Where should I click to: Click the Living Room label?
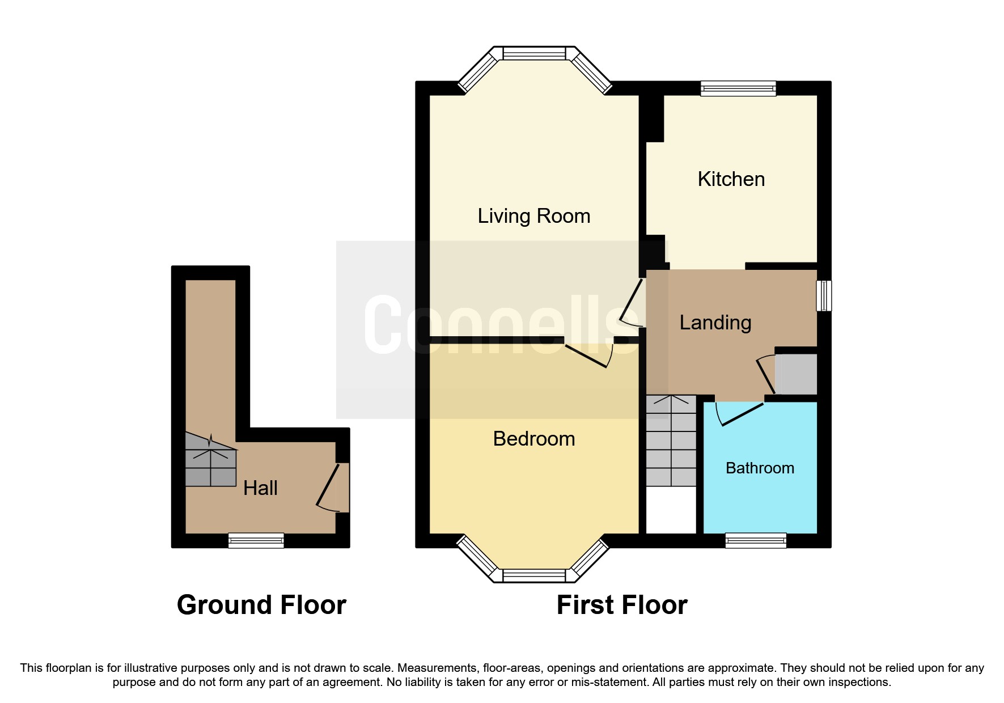click(533, 216)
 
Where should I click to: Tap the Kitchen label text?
click(731, 179)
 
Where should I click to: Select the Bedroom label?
click(533, 439)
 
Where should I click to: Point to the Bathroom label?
click(760, 468)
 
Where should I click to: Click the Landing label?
click(715, 323)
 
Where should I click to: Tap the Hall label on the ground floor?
click(260, 488)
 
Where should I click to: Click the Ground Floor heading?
click(261, 605)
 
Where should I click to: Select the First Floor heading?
click(622, 605)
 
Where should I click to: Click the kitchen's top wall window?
click(738, 88)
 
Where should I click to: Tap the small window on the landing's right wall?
click(824, 295)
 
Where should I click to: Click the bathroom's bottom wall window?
click(756, 540)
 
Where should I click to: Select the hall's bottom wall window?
click(256, 540)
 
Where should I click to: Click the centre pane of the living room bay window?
click(534, 53)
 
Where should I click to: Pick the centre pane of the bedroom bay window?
click(534, 575)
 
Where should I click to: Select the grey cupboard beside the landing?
click(796, 374)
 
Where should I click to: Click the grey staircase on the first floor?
click(671, 441)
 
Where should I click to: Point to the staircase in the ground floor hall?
click(210, 460)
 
